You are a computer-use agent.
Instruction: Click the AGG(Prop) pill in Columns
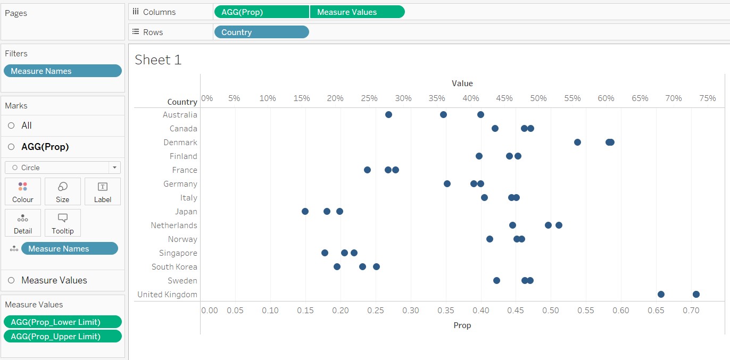[x=261, y=12]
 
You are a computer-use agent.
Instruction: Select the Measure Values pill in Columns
[x=356, y=12]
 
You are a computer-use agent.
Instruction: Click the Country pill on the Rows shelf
[x=261, y=32]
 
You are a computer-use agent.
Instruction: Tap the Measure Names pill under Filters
[x=62, y=71]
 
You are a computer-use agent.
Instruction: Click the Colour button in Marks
[x=23, y=191]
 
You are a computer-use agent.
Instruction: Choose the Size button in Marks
[x=62, y=191]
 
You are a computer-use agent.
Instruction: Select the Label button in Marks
[x=103, y=191]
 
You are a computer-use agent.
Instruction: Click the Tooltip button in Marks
[x=62, y=223]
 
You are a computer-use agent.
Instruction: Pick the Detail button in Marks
[x=23, y=223]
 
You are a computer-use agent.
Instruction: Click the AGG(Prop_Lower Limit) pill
[x=62, y=322]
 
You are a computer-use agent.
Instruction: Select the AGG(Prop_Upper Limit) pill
[x=62, y=336]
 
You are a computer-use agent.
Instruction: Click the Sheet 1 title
[x=158, y=60]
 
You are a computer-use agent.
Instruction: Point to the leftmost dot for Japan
[x=305, y=212]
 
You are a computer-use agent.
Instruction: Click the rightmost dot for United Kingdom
[x=696, y=295]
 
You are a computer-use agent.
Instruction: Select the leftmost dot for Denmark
[x=577, y=143]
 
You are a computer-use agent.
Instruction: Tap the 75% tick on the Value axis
[x=707, y=98]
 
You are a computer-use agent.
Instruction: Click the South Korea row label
[x=174, y=267]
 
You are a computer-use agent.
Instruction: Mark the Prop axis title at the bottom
[x=462, y=325]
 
